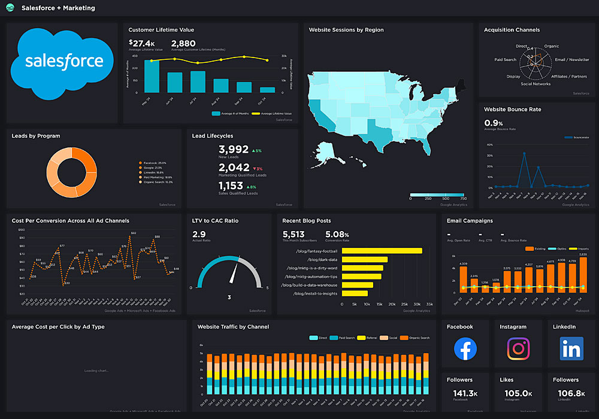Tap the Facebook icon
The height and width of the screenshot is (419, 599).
[465, 348]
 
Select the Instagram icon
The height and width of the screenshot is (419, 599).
[518, 348]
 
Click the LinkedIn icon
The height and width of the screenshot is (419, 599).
[571, 348]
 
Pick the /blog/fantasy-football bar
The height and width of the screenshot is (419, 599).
[382, 251]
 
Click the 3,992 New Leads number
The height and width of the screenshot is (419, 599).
[234, 150]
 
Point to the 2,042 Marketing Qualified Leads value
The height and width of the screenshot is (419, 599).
[234, 168]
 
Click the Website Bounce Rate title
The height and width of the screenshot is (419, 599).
[512, 110]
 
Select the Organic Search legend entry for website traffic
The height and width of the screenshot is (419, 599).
[417, 338]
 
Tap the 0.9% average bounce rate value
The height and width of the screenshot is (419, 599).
[494, 123]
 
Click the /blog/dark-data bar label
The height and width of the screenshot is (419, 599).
[323, 259]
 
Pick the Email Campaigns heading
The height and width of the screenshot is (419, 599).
[470, 221]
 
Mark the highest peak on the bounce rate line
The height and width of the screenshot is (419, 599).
[524, 154]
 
